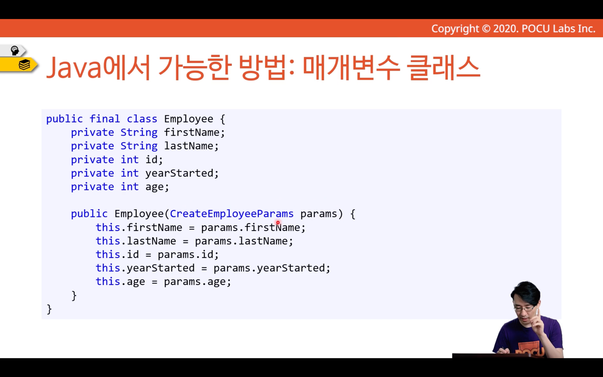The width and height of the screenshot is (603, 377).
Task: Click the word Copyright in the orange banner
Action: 455,29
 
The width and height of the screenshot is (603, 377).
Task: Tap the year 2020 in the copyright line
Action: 505,29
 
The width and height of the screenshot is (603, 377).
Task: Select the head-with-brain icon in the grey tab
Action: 14,51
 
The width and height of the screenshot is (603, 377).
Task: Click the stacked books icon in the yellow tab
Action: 24,65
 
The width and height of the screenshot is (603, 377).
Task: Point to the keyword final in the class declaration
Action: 104,119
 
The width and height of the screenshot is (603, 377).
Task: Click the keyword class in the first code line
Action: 142,119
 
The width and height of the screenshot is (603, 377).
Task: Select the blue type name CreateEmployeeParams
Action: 232,214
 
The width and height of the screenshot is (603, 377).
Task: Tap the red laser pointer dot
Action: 278,223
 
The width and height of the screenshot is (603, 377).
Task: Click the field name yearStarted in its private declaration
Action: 179,174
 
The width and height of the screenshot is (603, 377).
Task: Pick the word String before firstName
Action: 139,132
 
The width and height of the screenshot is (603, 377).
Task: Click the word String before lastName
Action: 139,146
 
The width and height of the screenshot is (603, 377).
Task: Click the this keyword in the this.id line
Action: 108,255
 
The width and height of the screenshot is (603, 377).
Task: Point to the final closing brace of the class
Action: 49,309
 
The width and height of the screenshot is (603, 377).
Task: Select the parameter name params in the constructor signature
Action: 319,214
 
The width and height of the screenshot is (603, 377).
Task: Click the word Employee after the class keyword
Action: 188,119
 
